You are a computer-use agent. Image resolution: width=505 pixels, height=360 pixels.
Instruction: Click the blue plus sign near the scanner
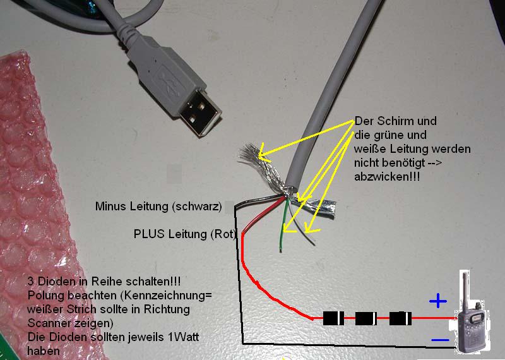pyautogui.click(x=438, y=301)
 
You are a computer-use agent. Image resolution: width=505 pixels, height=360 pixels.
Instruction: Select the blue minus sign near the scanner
pyautogui.click(x=440, y=340)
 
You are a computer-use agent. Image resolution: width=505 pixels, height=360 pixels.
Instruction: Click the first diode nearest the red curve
pyautogui.click(x=333, y=318)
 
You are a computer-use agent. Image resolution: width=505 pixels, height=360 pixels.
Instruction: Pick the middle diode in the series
pyautogui.click(x=366, y=318)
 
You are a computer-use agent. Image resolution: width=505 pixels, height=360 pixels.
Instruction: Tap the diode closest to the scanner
pyautogui.click(x=400, y=318)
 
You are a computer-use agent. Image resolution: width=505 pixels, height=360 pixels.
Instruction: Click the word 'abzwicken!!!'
pyautogui.click(x=387, y=177)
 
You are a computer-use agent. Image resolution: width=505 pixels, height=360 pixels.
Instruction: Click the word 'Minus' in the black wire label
pyautogui.click(x=111, y=206)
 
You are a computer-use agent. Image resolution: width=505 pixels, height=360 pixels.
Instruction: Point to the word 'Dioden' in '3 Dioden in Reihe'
pyautogui.click(x=55, y=281)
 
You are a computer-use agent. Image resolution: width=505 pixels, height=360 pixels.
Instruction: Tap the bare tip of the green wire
pyautogui.click(x=280, y=249)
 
